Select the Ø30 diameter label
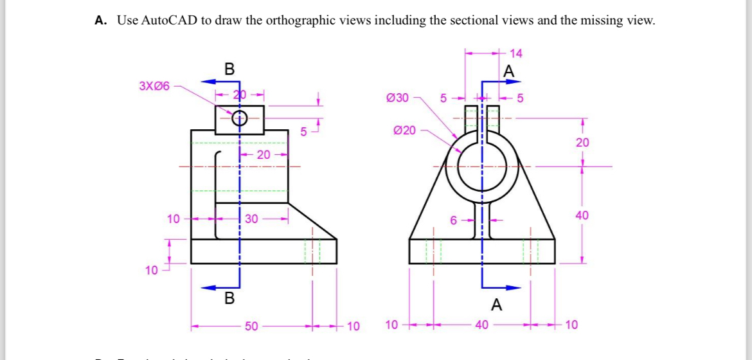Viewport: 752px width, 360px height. [x=397, y=98]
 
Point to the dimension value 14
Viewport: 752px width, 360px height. [x=515, y=53]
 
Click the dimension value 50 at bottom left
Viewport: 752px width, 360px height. [x=251, y=327]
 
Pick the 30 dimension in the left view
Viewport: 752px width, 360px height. [x=251, y=219]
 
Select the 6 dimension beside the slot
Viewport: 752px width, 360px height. [x=453, y=221]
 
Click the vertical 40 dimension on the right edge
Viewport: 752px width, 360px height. [x=582, y=215]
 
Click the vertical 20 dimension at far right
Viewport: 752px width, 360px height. [x=582, y=143]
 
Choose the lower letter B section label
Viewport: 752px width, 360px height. [x=229, y=298]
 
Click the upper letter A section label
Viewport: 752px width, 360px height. [x=510, y=71]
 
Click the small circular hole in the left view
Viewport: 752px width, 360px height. [x=239, y=118]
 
